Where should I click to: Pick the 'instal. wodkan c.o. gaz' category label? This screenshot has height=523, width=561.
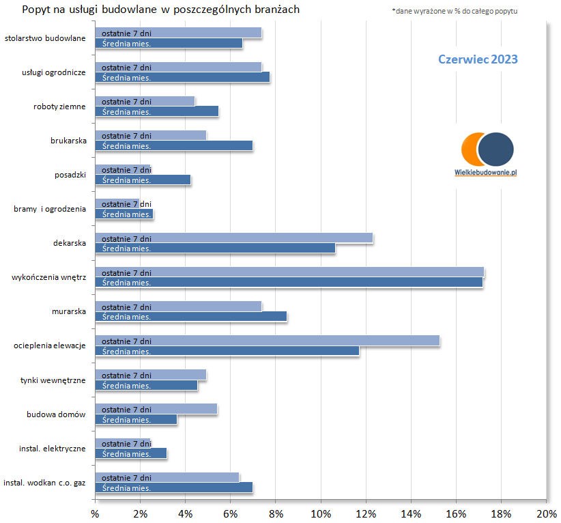click(x=44, y=483)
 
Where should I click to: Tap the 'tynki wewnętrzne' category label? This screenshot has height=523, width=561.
click(x=53, y=380)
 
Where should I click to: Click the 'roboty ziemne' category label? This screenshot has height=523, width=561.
click(x=59, y=107)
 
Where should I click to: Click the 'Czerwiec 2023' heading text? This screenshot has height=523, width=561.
click(x=478, y=59)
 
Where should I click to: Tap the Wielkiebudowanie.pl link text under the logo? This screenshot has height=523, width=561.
click(x=485, y=173)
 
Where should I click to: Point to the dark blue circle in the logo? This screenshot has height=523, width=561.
click(x=495, y=149)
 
